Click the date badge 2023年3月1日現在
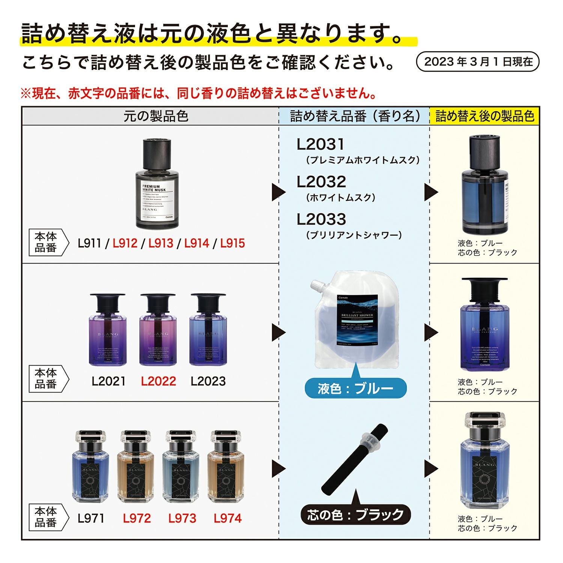(x=478, y=62)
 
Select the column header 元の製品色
(x=156, y=116)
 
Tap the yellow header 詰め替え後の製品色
(x=485, y=116)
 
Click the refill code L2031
(x=320, y=145)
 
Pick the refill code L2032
(x=321, y=182)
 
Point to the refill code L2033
(x=321, y=220)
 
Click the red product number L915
(x=232, y=243)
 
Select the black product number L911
(x=89, y=243)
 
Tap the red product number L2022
(x=158, y=381)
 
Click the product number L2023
(x=208, y=381)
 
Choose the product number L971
(x=91, y=519)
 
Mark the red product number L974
(x=227, y=519)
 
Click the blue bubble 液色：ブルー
(x=355, y=388)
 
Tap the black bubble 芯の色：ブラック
(x=355, y=515)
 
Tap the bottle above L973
(x=180, y=467)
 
